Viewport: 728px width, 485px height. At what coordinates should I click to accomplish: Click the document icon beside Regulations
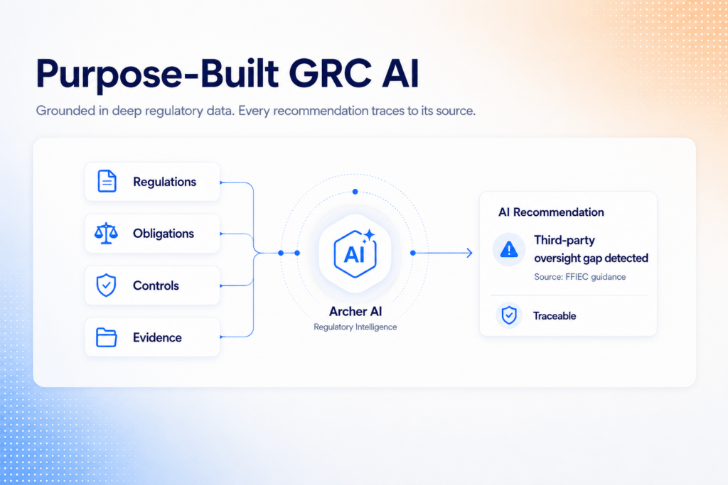coord(107,181)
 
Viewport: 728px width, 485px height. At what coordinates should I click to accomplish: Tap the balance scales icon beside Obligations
coord(106,233)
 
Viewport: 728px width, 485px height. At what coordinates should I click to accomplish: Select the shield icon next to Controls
coord(106,285)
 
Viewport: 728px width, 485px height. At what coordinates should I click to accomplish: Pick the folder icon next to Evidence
coord(107,337)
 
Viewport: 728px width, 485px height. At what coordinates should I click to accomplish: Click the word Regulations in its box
coord(164,182)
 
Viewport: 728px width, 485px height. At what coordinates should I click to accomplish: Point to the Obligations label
coord(164,233)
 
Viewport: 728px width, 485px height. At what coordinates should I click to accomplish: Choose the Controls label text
coord(156,285)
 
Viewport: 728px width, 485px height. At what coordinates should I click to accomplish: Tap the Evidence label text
coord(157,337)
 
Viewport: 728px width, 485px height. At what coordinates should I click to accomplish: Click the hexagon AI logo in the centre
coord(355,254)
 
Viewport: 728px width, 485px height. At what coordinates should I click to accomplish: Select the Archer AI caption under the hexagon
coord(355,311)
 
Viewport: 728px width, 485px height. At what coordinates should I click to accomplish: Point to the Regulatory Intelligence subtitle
coord(355,327)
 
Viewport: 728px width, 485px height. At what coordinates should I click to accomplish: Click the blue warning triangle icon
coord(509,249)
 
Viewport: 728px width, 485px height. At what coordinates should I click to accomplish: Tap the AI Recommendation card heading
coord(551,212)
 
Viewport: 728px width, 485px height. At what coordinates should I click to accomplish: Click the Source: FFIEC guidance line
coord(580,277)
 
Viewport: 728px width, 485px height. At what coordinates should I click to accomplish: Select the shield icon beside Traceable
coord(509,315)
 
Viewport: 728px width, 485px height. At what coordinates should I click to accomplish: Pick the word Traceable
coord(555,316)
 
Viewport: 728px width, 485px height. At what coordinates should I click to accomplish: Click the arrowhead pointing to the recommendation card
coord(469,253)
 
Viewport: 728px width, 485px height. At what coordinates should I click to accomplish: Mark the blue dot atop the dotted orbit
coord(355,192)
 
